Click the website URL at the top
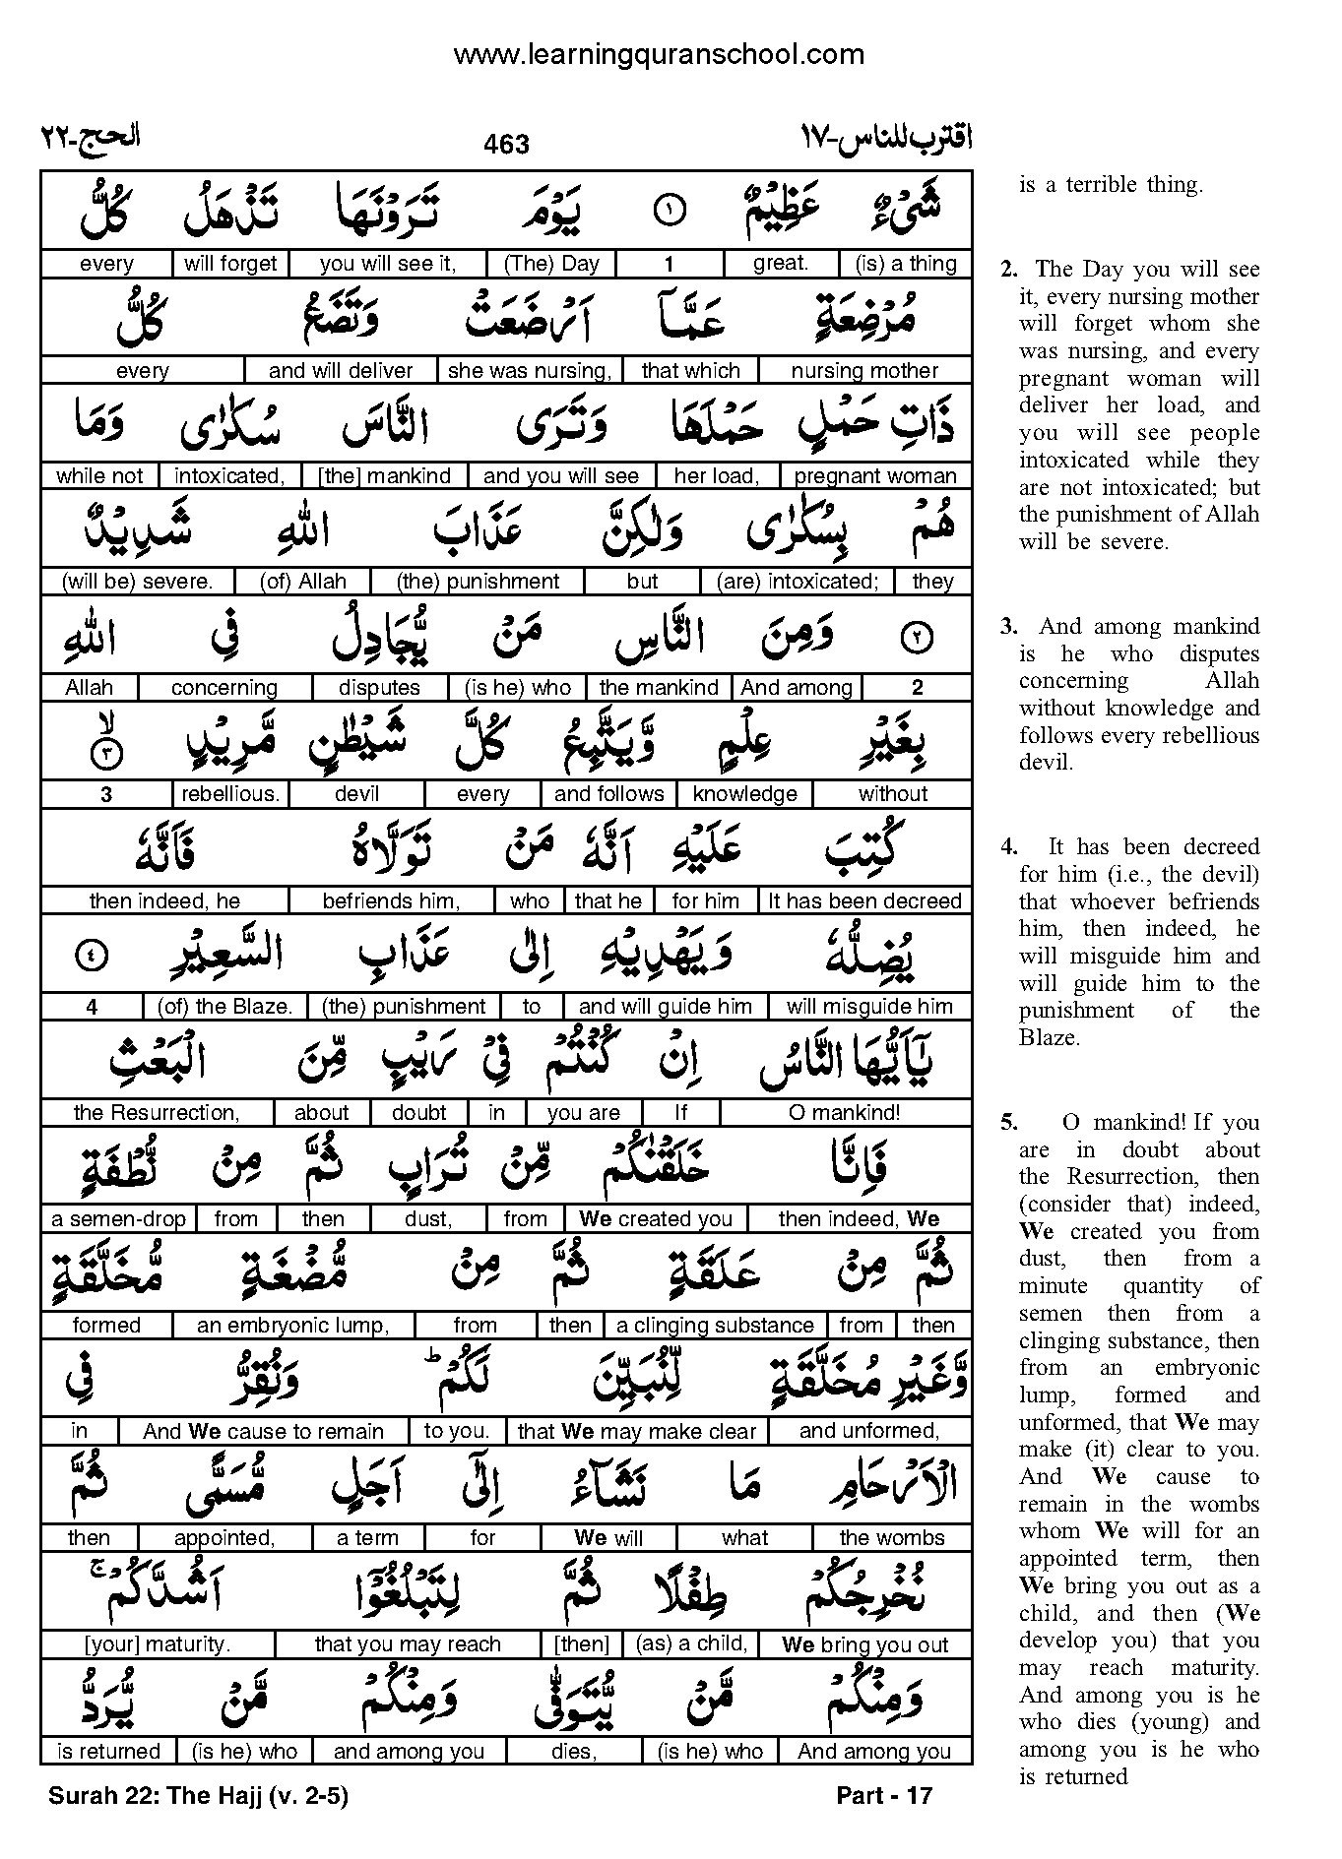pos(659,55)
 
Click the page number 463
pos(507,145)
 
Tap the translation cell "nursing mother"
pos(864,371)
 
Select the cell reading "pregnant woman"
pos(874,476)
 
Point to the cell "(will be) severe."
pos(137,582)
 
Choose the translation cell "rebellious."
pos(230,794)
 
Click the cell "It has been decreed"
pos(863,900)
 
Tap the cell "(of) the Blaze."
pos(224,1007)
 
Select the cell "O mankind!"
pos(845,1113)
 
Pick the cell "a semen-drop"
pos(118,1219)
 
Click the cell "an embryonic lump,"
pos(292,1326)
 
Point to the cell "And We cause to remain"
pos(263,1432)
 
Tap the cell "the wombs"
pos(891,1538)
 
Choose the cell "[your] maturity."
pos(158,1644)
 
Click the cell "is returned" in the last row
pos(108,1752)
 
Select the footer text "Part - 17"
pos(883,1796)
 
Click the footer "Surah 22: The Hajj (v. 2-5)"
pos(198,1796)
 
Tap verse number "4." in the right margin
pos(1009,847)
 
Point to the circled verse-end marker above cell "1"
pos(669,210)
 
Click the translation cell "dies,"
pos(573,1752)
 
